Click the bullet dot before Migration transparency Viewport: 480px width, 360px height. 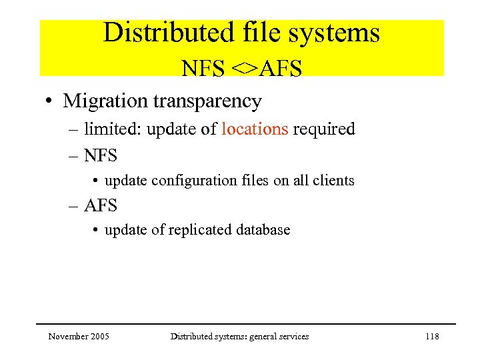49,102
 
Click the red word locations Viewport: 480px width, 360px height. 255,129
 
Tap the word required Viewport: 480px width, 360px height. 324,129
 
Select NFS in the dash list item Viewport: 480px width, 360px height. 100,156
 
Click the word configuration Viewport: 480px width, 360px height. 187,181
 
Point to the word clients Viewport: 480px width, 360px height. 336,181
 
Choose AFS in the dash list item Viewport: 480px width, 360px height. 100,205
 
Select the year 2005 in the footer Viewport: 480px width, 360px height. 100,337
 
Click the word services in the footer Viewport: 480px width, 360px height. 293,337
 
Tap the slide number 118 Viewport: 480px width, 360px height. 432,337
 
